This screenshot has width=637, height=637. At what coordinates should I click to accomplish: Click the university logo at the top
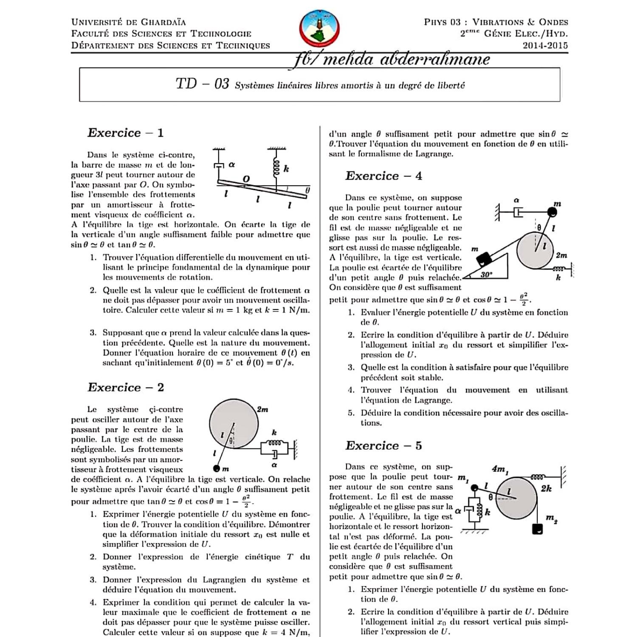point(319,29)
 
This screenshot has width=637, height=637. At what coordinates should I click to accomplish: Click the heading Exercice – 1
point(125,133)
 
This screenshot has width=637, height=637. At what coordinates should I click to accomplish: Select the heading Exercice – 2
point(125,387)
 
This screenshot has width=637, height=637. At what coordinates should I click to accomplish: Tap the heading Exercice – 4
point(383,176)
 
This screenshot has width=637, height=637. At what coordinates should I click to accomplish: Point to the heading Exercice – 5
point(383,445)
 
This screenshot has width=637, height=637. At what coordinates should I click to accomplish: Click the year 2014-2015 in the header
point(545,45)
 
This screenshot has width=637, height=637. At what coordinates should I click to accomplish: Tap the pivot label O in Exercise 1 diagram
point(246,179)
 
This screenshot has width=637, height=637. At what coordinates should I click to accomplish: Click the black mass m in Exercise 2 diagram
point(217,469)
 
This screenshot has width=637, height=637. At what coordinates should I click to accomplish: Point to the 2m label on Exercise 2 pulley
point(262,409)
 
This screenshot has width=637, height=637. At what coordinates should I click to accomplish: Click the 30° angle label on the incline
point(486,275)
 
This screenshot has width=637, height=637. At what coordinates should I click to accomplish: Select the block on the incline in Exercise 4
point(484,259)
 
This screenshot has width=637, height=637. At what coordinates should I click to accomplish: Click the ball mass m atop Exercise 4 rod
point(552,211)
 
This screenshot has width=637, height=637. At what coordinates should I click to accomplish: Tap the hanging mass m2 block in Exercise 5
point(538,529)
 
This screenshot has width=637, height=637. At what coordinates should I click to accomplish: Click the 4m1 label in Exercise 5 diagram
point(500,469)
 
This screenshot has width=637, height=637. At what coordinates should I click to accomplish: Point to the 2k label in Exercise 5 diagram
point(546,488)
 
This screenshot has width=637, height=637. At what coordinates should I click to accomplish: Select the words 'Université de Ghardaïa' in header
point(128,22)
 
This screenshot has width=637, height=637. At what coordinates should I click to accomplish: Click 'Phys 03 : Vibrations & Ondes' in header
point(496,22)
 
